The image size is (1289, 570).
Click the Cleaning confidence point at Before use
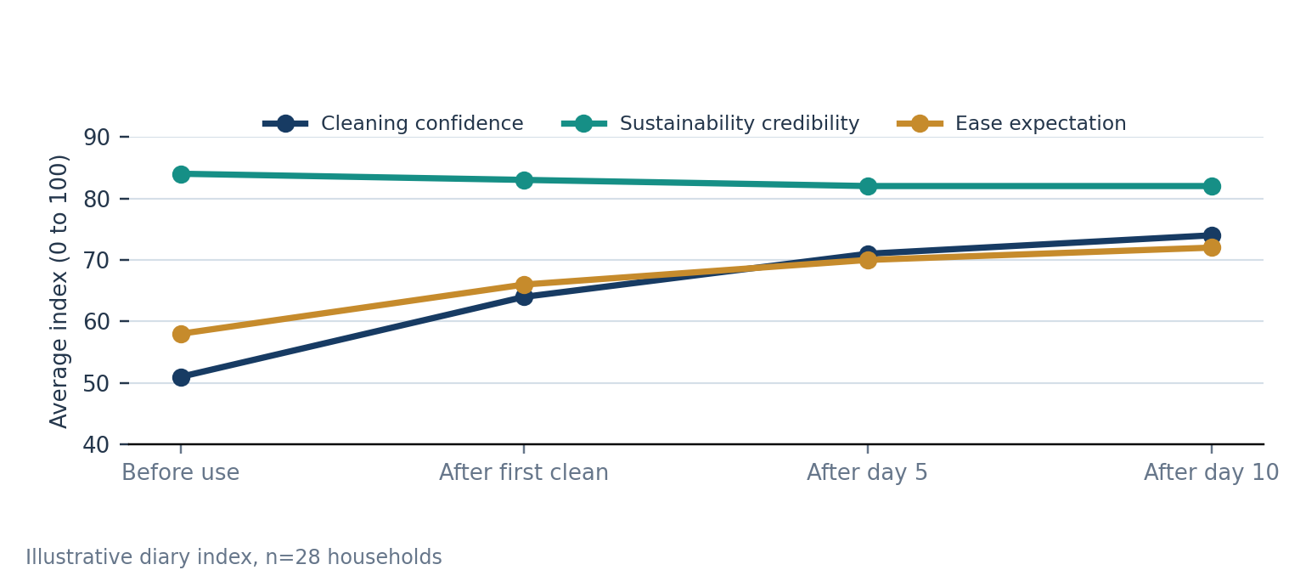coord(181,378)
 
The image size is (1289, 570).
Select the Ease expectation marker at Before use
coord(181,334)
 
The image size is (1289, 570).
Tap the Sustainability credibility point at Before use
coord(181,174)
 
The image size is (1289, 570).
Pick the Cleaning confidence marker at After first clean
coord(524,297)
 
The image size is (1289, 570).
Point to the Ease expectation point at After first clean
coord(524,285)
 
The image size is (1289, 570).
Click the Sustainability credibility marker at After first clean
coord(524,180)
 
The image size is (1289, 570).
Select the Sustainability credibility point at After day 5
coord(868,187)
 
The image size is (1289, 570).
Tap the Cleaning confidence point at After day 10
coord(1212,235)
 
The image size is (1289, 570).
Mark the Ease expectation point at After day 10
coord(1212,247)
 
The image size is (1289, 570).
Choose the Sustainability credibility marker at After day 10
coord(1212,187)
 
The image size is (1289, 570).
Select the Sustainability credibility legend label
coord(740,123)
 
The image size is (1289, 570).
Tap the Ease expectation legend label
coord(1040,123)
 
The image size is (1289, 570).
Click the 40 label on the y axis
coord(97,445)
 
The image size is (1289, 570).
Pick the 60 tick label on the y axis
coord(97,322)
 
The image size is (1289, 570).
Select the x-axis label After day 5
coord(867,472)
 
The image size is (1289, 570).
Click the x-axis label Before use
coord(181,472)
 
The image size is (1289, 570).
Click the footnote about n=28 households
coord(234,556)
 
